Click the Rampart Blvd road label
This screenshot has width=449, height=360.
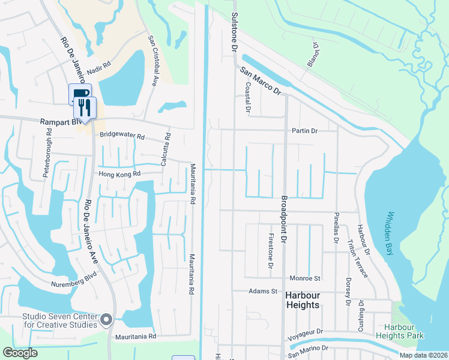pos(59,122)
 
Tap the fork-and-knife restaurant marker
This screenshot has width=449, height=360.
pos(85,108)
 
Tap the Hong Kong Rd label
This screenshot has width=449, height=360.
pos(120,174)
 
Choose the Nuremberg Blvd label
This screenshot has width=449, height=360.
pos(74,284)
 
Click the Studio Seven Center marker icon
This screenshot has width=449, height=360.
pos(107,319)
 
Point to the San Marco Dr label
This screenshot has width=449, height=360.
pos(261,80)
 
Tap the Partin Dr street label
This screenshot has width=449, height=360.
pos(305,130)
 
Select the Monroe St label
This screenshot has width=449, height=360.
pos(306,278)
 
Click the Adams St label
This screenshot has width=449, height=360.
pos(263,292)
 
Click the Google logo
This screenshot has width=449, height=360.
pos(20,352)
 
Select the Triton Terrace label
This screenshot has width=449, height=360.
pos(358,258)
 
